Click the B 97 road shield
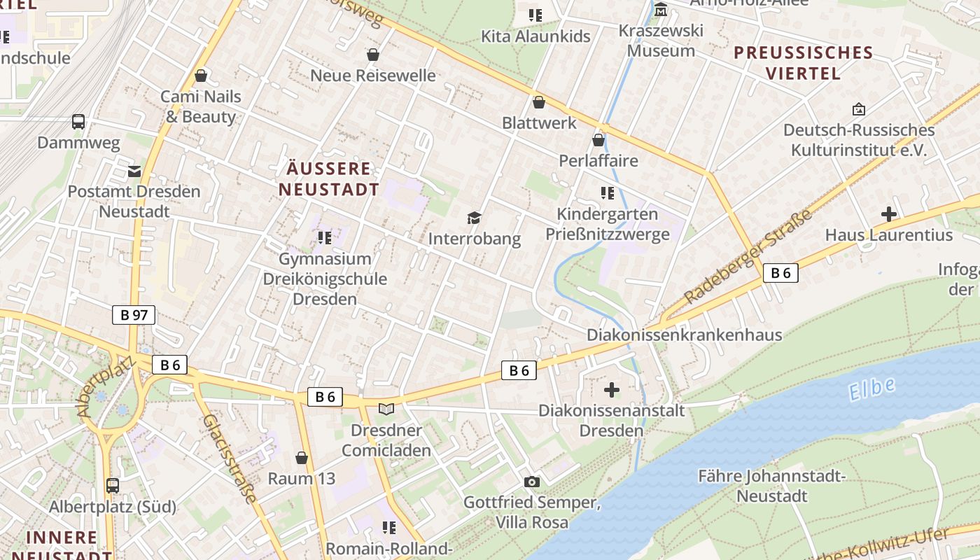(x=134, y=315)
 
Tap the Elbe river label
(x=871, y=388)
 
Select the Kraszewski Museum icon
(x=660, y=10)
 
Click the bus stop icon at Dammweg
(x=78, y=122)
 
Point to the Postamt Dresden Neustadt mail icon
(x=134, y=171)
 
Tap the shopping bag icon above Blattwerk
(x=539, y=102)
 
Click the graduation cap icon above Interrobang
(x=475, y=218)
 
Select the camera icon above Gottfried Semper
(x=532, y=482)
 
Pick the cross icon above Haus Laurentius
(x=889, y=213)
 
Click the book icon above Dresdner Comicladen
(x=386, y=409)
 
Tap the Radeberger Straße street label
(x=749, y=256)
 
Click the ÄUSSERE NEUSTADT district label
(x=329, y=179)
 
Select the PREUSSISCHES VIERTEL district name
(x=804, y=63)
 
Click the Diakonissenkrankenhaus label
(x=684, y=335)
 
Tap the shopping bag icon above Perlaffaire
(x=598, y=140)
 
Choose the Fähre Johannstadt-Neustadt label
(x=772, y=486)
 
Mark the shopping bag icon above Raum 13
(x=302, y=458)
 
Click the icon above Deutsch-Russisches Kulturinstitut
(x=858, y=109)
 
